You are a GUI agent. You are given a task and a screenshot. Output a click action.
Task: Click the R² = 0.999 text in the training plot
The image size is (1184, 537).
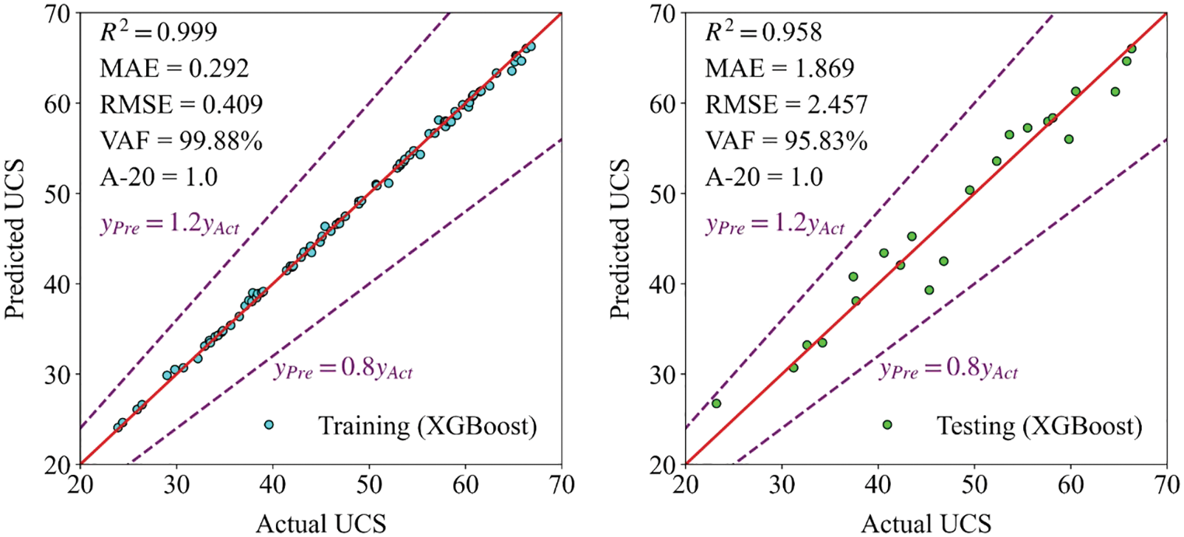coord(159,32)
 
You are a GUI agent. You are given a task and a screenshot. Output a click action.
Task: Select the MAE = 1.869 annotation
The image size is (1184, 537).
coord(779,69)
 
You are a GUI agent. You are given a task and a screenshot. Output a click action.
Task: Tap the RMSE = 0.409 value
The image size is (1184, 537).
coord(181,105)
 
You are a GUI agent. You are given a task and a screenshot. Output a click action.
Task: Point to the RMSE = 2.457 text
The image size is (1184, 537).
coord(786,105)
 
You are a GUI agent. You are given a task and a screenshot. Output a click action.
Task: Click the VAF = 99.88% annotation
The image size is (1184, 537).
coord(181,141)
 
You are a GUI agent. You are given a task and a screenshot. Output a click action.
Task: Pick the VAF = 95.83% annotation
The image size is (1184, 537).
coord(786,141)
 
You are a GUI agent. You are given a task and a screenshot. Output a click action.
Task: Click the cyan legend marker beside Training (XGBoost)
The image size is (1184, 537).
coord(269,425)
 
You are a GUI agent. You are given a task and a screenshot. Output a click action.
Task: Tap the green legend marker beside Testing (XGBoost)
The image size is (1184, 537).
coord(887,425)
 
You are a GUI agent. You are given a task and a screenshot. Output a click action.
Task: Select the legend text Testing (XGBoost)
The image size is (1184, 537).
coord(1039,426)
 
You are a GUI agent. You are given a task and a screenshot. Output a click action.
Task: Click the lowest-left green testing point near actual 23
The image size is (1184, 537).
coord(716,403)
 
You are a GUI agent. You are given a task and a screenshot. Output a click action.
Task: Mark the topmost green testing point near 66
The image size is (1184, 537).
coord(1132,49)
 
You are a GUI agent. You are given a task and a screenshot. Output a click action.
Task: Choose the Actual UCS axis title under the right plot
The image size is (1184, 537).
coord(926,524)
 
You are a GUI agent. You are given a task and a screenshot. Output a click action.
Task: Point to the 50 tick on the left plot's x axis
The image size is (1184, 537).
coord(369,485)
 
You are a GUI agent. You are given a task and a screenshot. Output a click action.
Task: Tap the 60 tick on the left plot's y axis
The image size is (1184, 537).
coord(59,103)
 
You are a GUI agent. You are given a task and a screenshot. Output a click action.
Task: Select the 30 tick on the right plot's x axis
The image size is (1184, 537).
coord(782,485)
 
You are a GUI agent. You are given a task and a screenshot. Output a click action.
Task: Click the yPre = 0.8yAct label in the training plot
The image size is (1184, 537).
coord(343,368)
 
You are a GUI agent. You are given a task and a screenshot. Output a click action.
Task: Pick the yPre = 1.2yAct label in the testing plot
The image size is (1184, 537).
coord(775,224)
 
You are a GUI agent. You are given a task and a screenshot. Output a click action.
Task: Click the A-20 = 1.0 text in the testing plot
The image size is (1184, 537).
coord(764,177)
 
